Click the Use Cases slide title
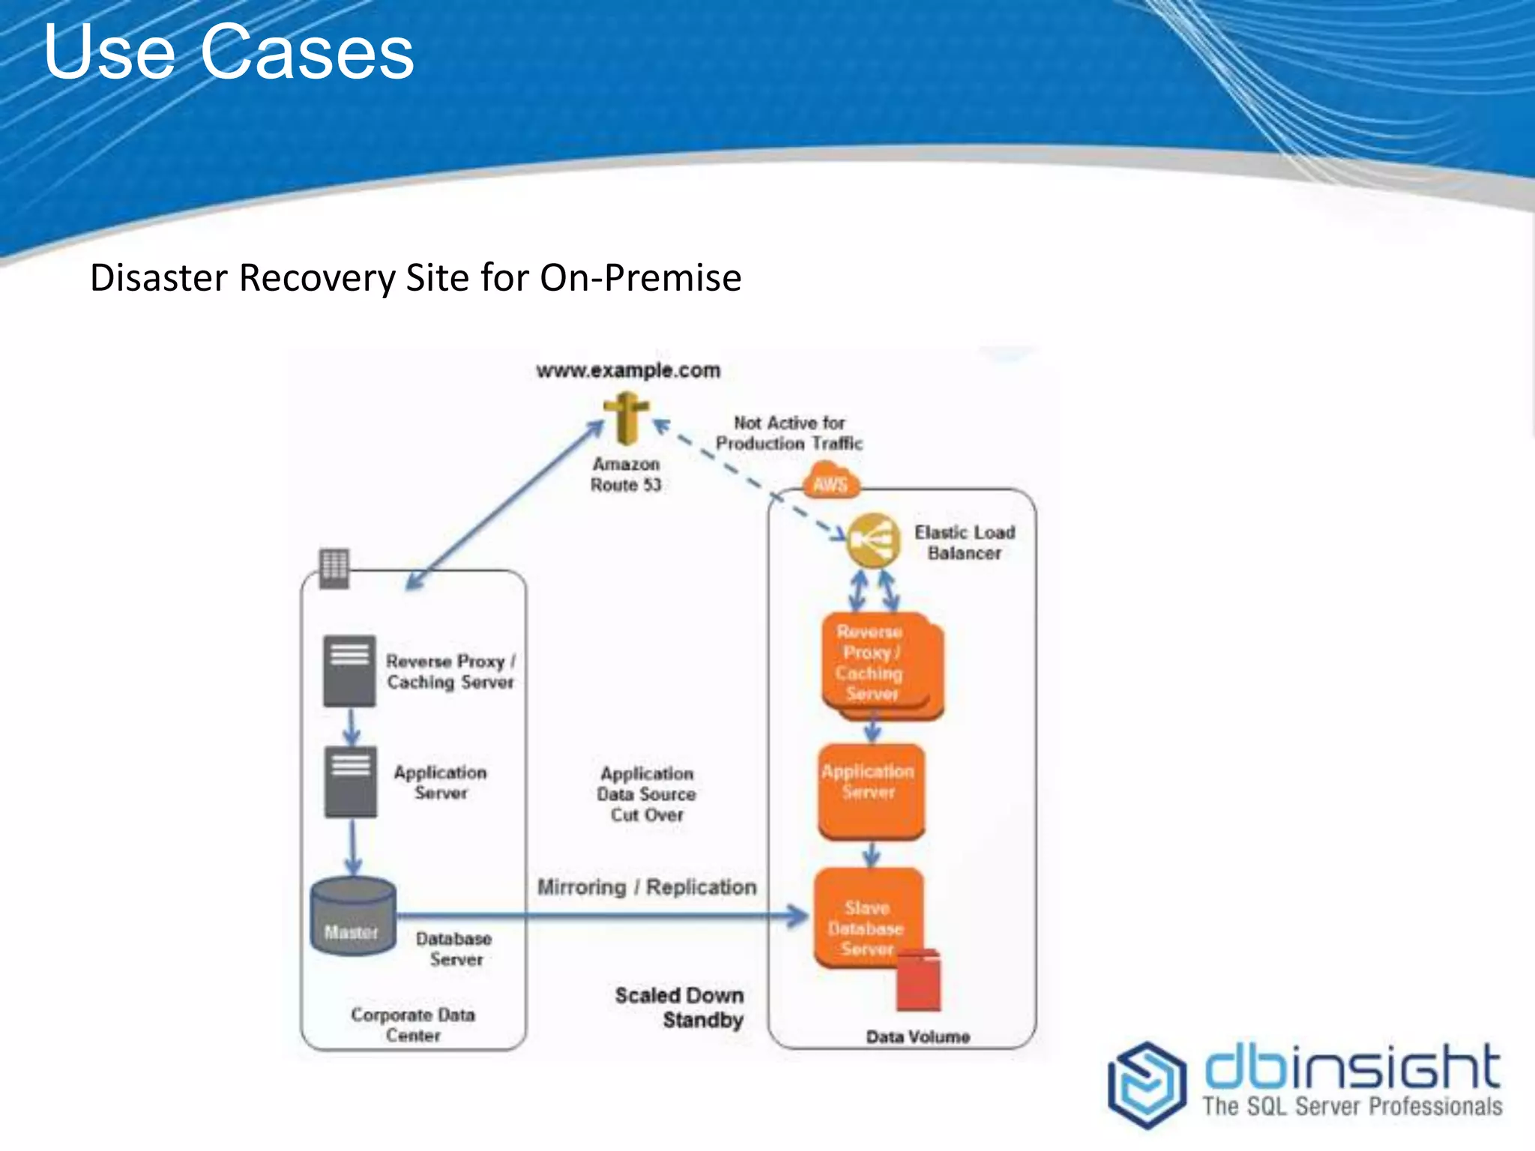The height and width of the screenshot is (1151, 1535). click(x=229, y=52)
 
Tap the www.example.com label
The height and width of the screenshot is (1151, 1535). click(x=628, y=370)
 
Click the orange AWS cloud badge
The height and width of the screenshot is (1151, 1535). click(x=830, y=483)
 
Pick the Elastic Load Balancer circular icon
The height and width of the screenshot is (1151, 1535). click(x=873, y=540)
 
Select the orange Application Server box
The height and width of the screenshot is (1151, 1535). click(x=869, y=790)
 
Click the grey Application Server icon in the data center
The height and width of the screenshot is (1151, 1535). click(x=351, y=782)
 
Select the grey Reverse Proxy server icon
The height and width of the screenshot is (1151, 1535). click(x=349, y=671)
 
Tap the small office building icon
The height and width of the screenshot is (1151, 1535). click(x=334, y=568)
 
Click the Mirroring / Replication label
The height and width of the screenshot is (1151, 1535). click(x=647, y=887)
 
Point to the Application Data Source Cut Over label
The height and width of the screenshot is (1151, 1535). click(x=647, y=794)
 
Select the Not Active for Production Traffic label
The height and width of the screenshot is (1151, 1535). click(x=789, y=433)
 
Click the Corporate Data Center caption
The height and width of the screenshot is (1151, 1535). click(x=413, y=1024)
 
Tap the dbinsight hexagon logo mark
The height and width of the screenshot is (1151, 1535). click(x=1147, y=1084)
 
